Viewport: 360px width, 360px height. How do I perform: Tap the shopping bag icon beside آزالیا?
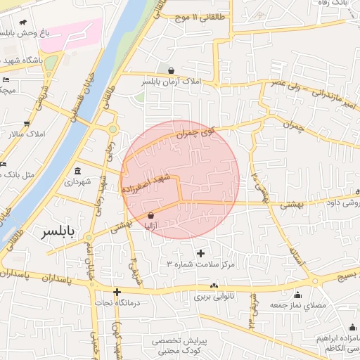point(151,215)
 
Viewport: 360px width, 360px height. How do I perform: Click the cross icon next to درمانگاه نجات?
point(117,292)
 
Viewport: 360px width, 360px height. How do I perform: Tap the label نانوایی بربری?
point(219,297)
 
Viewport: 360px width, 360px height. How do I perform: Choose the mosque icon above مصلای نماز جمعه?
point(297,295)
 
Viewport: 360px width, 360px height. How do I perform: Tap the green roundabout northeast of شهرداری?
point(112,129)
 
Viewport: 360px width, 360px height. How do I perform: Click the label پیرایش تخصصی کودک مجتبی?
point(179,345)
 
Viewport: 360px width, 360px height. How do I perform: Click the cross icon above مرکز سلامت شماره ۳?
point(201,252)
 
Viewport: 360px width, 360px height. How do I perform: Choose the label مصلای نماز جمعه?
point(304,306)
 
